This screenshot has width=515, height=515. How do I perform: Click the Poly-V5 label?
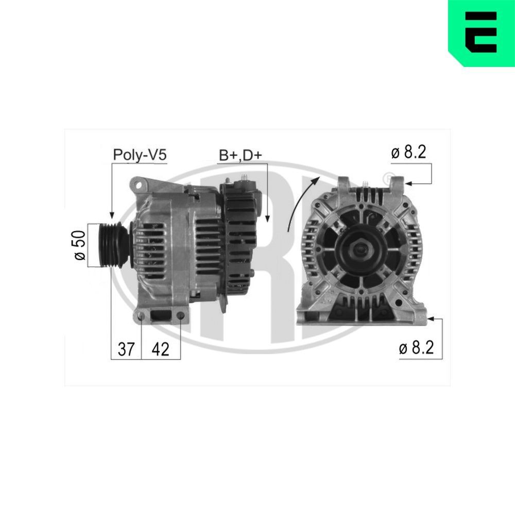(140, 155)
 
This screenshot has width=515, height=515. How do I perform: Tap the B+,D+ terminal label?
(241, 155)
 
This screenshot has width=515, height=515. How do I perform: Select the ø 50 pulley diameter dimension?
(79, 246)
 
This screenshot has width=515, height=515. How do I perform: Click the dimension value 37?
(126, 349)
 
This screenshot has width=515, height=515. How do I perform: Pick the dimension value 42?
(161, 349)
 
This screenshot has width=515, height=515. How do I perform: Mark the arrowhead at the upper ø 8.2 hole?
(407, 183)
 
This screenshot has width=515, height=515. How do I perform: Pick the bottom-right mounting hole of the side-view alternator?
(181, 315)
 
